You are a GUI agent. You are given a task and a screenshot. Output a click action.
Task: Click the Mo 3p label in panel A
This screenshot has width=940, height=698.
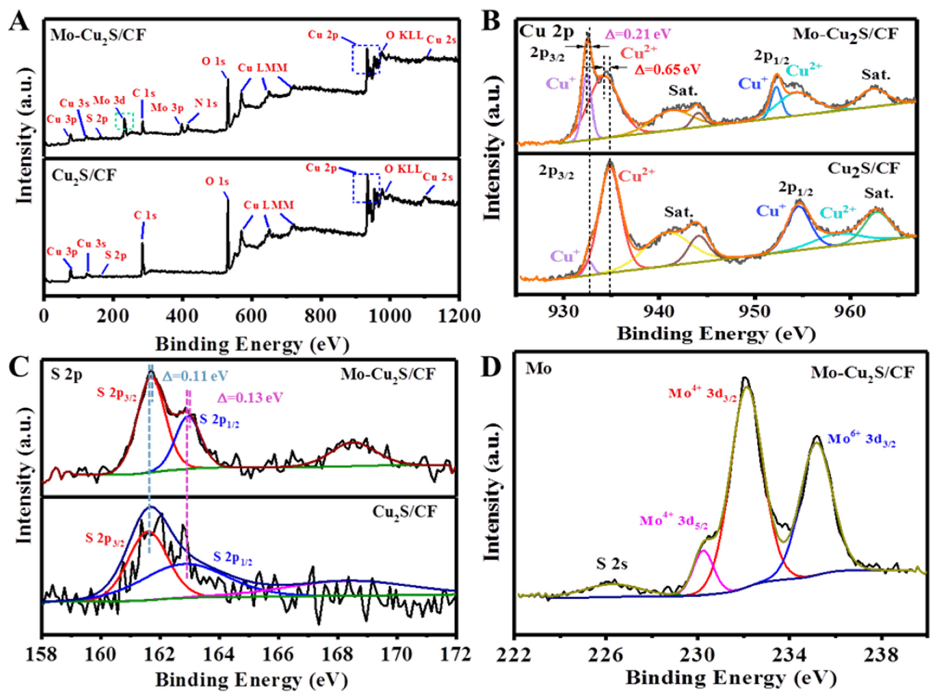[168, 108]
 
